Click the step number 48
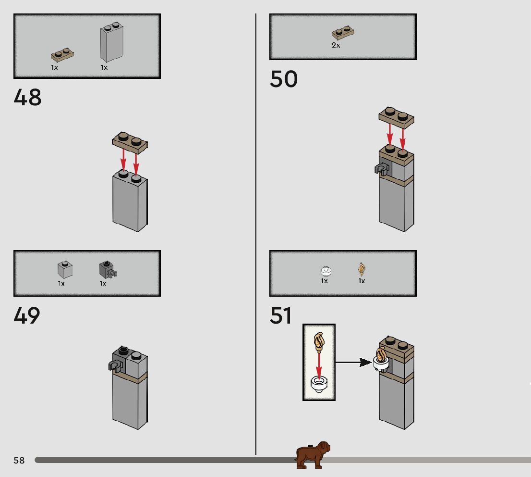(27, 97)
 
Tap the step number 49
(27, 315)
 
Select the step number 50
(283, 79)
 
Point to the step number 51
(280, 315)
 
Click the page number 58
(19, 460)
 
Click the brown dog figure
(312, 455)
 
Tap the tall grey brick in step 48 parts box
(112, 42)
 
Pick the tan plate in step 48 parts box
(62, 55)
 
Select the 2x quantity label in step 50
(336, 45)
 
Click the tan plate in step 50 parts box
(343, 33)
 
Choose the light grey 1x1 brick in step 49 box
(65, 269)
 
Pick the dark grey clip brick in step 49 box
(108, 269)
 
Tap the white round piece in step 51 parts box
(326, 271)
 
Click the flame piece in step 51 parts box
(362, 269)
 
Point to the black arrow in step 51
(353, 363)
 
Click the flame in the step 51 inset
(319, 342)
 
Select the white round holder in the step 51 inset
(319, 384)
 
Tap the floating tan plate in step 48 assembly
(130, 141)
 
